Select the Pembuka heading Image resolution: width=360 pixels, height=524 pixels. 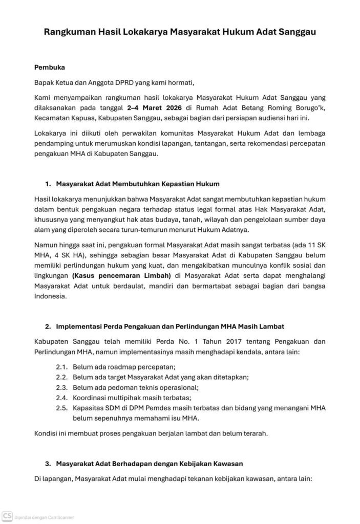point(49,67)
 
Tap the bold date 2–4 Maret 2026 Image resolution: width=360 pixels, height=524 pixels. point(154,108)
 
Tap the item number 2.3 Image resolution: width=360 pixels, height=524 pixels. point(62,387)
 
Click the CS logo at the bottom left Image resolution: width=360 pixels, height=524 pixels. point(7,517)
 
